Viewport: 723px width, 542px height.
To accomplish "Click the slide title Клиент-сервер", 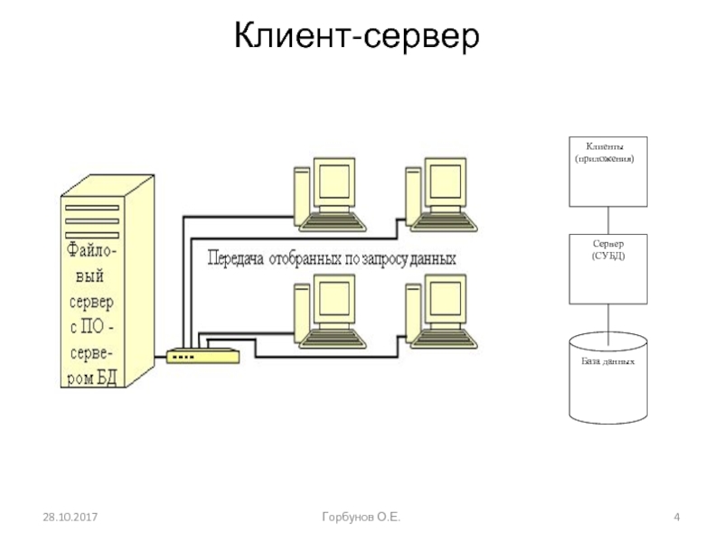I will (354, 37).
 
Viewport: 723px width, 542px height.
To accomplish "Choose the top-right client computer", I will (439, 193).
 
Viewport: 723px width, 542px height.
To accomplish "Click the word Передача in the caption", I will (238, 258).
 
